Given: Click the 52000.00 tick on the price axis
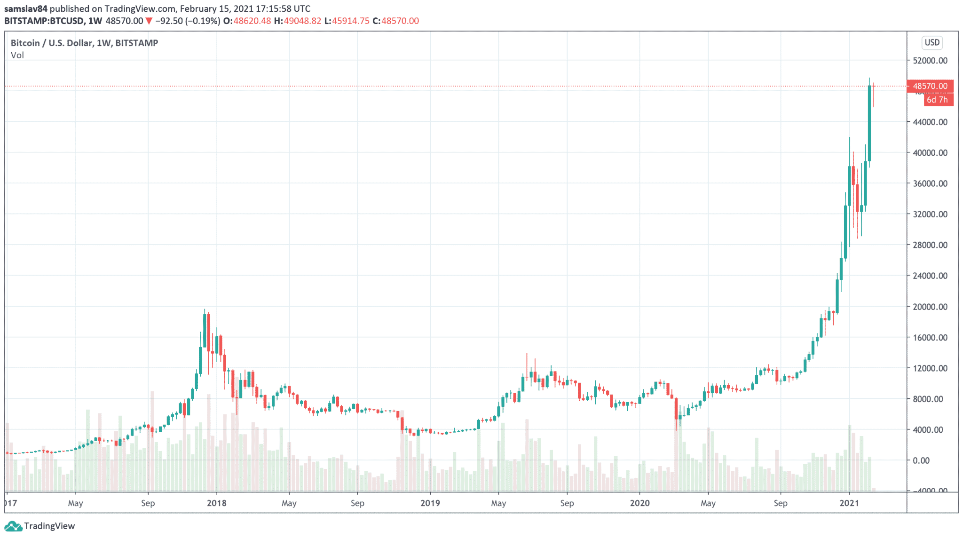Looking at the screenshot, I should (x=930, y=61).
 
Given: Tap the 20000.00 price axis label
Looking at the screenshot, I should (x=930, y=307).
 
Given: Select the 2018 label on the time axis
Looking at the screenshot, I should (x=216, y=503).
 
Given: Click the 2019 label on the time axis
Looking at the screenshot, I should (x=430, y=503).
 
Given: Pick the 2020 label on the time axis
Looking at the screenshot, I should (x=639, y=503).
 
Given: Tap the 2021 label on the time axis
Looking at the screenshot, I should (x=849, y=503).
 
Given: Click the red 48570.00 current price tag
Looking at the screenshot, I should (x=930, y=86).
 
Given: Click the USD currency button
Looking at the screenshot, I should (x=932, y=43).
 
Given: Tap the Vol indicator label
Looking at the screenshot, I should (x=17, y=55).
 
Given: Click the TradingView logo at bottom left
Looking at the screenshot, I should (x=39, y=526).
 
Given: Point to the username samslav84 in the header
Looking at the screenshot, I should (x=26, y=8).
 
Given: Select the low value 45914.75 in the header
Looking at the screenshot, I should (x=351, y=21).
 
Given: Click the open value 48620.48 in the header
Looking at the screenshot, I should (x=252, y=21).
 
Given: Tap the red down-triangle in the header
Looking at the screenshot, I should (x=149, y=21).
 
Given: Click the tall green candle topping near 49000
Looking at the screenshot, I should (x=869, y=122).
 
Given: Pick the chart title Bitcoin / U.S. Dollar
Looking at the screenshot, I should (x=52, y=43).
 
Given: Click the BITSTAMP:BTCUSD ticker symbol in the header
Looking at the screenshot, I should (x=44, y=21).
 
